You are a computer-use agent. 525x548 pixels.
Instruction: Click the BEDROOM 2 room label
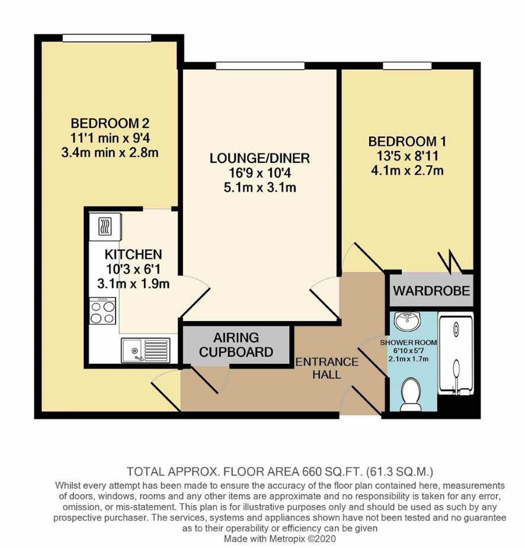point(110,123)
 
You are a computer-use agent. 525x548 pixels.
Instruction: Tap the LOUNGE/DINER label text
point(260,158)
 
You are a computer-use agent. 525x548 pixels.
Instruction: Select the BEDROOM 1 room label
point(407,142)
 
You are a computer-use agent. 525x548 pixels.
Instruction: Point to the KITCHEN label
point(133,254)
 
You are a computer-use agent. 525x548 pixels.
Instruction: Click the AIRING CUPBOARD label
point(236,345)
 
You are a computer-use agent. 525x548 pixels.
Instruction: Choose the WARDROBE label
point(432,291)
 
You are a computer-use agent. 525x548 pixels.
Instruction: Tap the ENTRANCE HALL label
point(327,368)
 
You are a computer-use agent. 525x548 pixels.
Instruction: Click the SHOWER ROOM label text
point(409,342)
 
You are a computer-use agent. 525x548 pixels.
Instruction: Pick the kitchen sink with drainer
point(146,350)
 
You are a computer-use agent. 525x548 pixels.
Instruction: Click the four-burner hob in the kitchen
point(103,310)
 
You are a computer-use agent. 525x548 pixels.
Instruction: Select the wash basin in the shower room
point(408,321)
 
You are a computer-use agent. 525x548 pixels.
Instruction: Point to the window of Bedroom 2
point(107,38)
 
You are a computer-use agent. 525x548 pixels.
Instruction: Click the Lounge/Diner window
point(260,66)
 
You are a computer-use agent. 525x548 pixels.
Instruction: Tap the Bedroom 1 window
point(407,66)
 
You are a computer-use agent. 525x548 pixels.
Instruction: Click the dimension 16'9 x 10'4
point(260,173)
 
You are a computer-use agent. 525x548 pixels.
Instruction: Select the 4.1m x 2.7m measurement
point(407,171)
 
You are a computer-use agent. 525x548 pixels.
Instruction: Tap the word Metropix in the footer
point(290,539)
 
